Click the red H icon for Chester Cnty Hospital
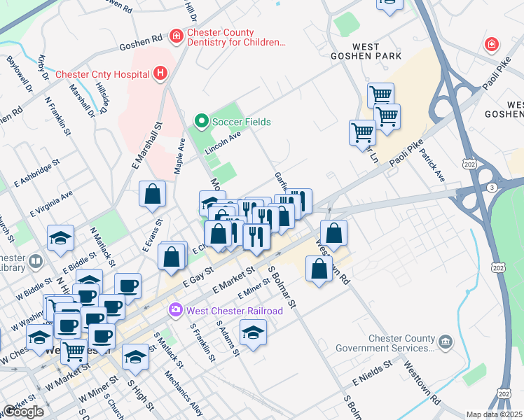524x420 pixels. (161, 73)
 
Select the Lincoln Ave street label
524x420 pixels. (223, 142)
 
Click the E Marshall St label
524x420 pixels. (147, 144)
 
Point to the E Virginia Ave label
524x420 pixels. (51, 203)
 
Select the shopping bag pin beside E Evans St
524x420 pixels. (152, 194)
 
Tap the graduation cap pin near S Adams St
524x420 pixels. (253, 332)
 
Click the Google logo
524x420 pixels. (23, 412)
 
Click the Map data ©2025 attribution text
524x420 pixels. (495, 414)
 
